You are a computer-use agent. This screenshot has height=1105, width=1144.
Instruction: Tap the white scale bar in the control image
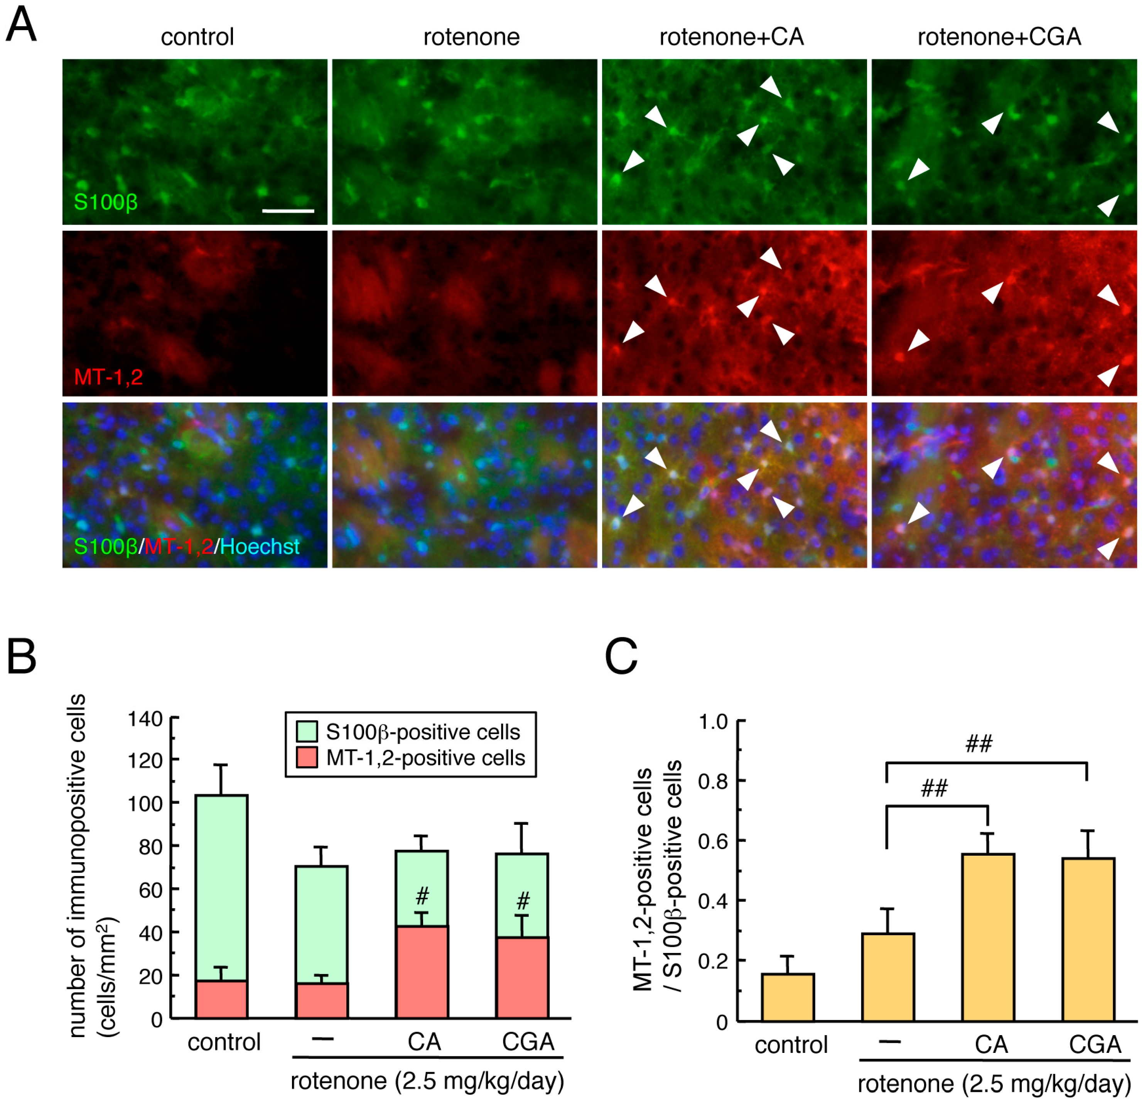click(x=289, y=211)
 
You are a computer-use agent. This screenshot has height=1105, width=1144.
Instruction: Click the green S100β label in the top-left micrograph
click(x=106, y=202)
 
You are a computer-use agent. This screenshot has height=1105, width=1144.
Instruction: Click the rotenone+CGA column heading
click(x=999, y=37)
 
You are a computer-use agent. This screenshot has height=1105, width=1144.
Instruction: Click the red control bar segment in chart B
click(x=222, y=999)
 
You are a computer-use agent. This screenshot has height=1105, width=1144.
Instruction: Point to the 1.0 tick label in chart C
click(x=713, y=722)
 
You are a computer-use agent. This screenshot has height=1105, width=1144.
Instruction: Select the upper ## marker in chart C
click(x=979, y=744)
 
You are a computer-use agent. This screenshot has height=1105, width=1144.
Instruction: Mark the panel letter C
click(x=621, y=656)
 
